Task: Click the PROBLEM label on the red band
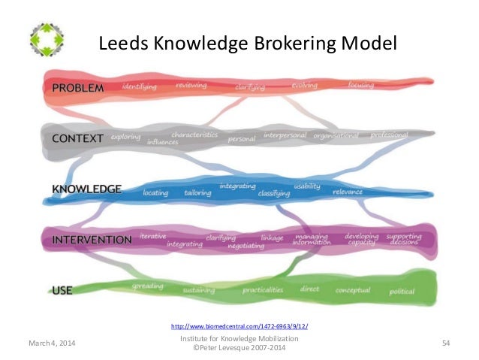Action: pos(77,88)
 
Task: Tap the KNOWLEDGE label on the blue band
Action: pos(86,189)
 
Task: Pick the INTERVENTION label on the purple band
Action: pos(92,240)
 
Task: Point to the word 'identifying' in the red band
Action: pos(139,86)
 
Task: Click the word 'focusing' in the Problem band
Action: pos(361,85)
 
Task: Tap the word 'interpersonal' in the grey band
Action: pos(285,136)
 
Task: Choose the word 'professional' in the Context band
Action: pos(389,135)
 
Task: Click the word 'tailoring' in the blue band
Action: pos(197,193)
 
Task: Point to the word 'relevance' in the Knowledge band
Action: pos(348,192)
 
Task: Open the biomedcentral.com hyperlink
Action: pos(239,326)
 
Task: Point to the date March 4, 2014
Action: pos(53,343)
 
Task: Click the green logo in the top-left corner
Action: pos(47,39)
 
